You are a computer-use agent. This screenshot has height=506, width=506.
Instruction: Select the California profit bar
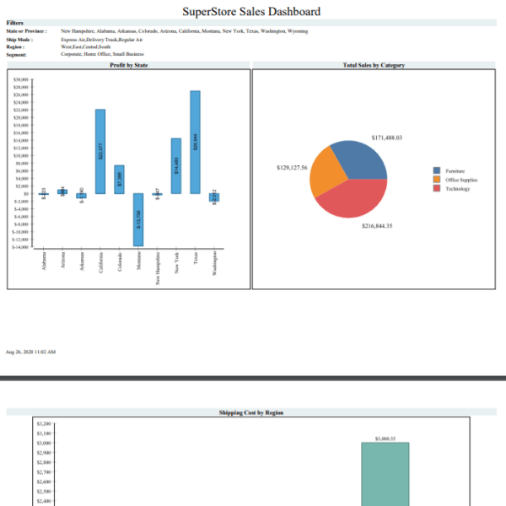(100, 151)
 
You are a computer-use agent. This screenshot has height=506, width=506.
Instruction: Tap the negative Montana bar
(138, 219)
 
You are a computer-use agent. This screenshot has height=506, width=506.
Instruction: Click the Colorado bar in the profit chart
(120, 179)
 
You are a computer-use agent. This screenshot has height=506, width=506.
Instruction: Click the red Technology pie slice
(353, 201)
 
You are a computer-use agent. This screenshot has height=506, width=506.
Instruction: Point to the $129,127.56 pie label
(292, 168)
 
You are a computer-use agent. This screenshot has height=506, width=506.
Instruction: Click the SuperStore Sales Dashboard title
(251, 12)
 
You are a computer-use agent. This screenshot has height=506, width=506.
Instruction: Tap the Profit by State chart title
(129, 65)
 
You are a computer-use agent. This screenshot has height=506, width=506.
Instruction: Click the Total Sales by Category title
(374, 65)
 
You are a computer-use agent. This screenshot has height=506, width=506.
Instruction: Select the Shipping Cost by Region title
(250, 412)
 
